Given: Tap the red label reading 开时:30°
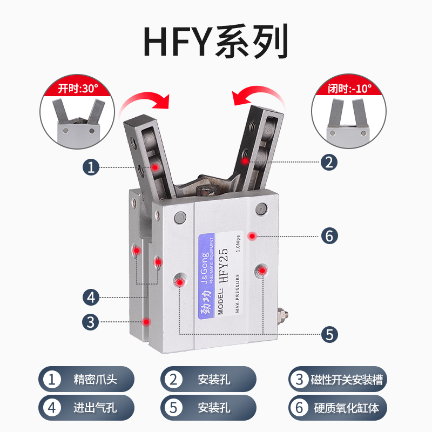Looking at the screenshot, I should pos(75,89).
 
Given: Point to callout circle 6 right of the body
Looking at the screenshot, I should pos(329,236).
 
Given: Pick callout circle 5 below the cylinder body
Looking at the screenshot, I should pos(329,334).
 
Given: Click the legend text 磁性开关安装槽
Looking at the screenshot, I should pos(346,379).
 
